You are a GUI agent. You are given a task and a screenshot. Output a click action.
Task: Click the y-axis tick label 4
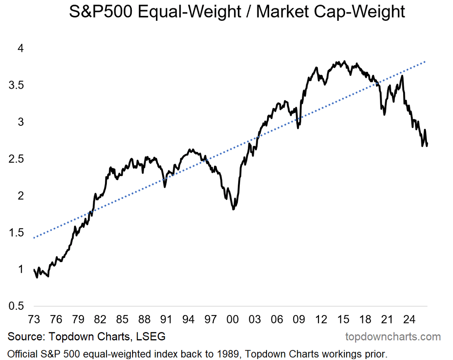click(x=21, y=48)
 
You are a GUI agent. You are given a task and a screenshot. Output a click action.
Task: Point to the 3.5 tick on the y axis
click(x=16, y=85)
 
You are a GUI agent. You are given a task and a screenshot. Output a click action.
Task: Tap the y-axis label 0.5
click(x=16, y=306)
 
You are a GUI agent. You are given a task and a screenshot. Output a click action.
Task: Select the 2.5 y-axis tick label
click(x=16, y=159)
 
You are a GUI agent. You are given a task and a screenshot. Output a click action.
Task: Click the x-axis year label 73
click(x=34, y=319)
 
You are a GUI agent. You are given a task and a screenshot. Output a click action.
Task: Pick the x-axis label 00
click(x=233, y=319)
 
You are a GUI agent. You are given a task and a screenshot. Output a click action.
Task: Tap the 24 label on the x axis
click(x=409, y=319)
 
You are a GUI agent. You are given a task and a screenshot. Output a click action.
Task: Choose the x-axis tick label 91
click(x=166, y=319)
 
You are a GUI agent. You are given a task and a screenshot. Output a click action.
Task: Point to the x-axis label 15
click(x=343, y=319)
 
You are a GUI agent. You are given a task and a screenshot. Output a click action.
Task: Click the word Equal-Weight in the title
click(x=190, y=12)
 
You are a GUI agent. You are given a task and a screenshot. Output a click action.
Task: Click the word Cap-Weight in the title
click(x=359, y=12)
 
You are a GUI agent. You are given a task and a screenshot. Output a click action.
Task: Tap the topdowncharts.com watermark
click(x=393, y=337)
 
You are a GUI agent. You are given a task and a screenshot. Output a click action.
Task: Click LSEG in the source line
click(x=151, y=337)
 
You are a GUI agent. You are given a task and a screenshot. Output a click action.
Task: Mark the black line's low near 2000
click(x=233, y=209)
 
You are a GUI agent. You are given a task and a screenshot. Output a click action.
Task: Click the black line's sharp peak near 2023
click(x=402, y=76)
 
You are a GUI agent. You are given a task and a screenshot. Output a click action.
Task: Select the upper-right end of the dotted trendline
click(x=425, y=62)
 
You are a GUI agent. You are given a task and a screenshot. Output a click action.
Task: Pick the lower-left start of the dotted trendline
click(x=34, y=238)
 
